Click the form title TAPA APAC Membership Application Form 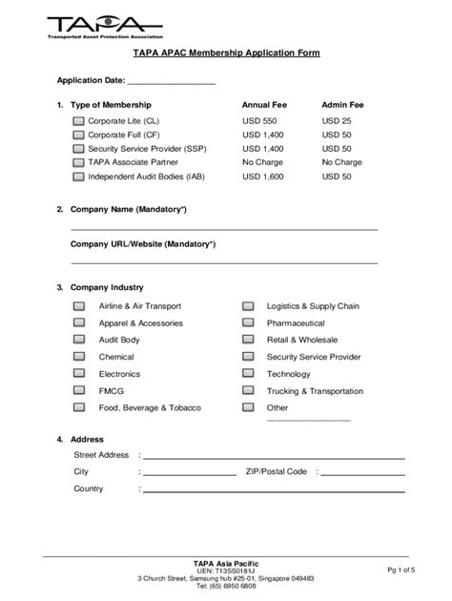click(225, 53)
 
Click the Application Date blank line click(178, 82)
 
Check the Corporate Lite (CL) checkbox click(78, 121)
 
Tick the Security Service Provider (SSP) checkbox click(78, 149)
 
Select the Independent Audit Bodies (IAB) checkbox click(78, 176)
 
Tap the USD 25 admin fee click(337, 121)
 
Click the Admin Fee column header click(344, 104)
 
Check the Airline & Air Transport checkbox click(79, 306)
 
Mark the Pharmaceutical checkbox click(248, 323)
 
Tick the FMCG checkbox click(79, 391)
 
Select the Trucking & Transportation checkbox click(248, 391)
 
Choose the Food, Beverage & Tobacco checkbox click(79, 408)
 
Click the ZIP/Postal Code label click(276, 471)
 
